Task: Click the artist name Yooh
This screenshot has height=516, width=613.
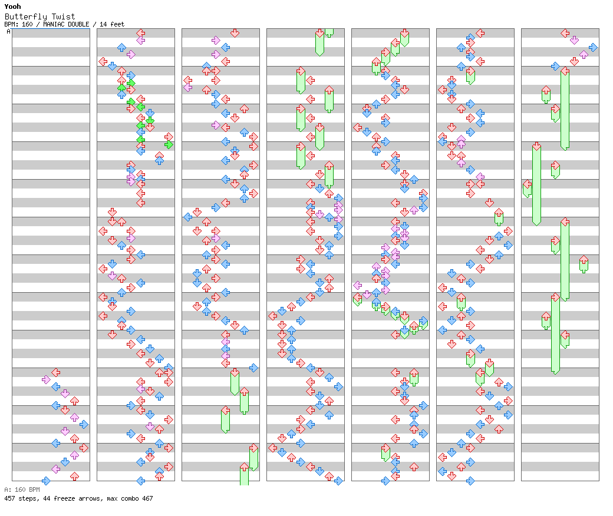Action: (12, 6)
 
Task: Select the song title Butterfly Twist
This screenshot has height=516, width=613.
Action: (39, 16)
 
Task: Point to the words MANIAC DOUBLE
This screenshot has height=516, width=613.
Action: (66, 24)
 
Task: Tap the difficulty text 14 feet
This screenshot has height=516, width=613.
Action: (112, 24)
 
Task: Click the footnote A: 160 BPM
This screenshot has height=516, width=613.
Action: (22, 489)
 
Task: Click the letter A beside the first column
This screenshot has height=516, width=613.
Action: (8, 32)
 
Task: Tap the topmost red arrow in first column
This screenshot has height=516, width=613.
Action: (56, 372)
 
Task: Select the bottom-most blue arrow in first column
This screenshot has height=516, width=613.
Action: (46, 481)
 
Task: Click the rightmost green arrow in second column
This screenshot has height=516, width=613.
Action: (169, 145)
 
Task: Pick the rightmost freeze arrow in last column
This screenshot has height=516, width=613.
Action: (584, 264)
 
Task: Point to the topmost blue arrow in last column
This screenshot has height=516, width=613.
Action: (593, 48)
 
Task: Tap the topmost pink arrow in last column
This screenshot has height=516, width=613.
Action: (574, 40)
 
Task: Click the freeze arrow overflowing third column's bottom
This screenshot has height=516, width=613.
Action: (245, 474)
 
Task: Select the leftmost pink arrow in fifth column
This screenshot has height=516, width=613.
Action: (357, 285)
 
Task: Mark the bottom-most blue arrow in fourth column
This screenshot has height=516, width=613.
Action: (338, 481)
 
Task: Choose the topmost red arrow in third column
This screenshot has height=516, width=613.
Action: (235, 33)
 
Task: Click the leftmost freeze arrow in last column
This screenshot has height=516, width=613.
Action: (527, 188)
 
